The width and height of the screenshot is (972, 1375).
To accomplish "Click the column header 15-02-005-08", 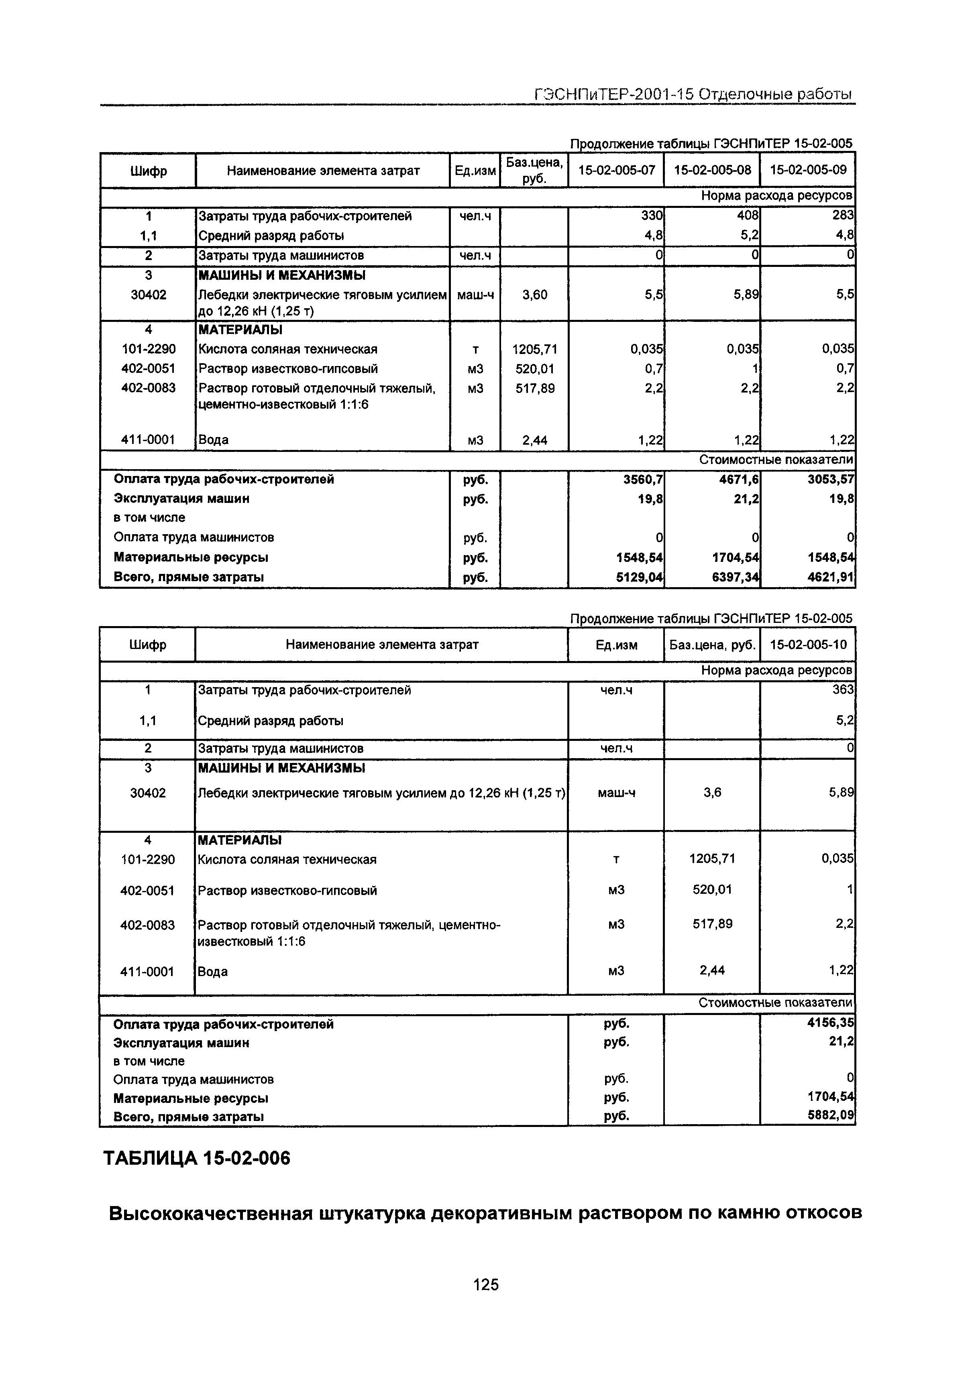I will point(712,170).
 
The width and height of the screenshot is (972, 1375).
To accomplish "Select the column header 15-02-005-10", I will point(808,645).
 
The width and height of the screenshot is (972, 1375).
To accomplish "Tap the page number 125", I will point(485,1285).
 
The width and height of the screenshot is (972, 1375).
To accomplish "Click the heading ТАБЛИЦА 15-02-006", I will point(197,1158).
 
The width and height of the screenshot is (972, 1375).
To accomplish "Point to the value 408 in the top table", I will point(748,216).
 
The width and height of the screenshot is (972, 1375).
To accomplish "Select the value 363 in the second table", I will point(843,690).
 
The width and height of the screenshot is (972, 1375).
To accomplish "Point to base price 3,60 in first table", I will point(534,295).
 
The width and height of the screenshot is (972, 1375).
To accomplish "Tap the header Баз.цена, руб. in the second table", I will point(712,645).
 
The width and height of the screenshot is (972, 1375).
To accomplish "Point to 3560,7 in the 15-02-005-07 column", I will point(643,479).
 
